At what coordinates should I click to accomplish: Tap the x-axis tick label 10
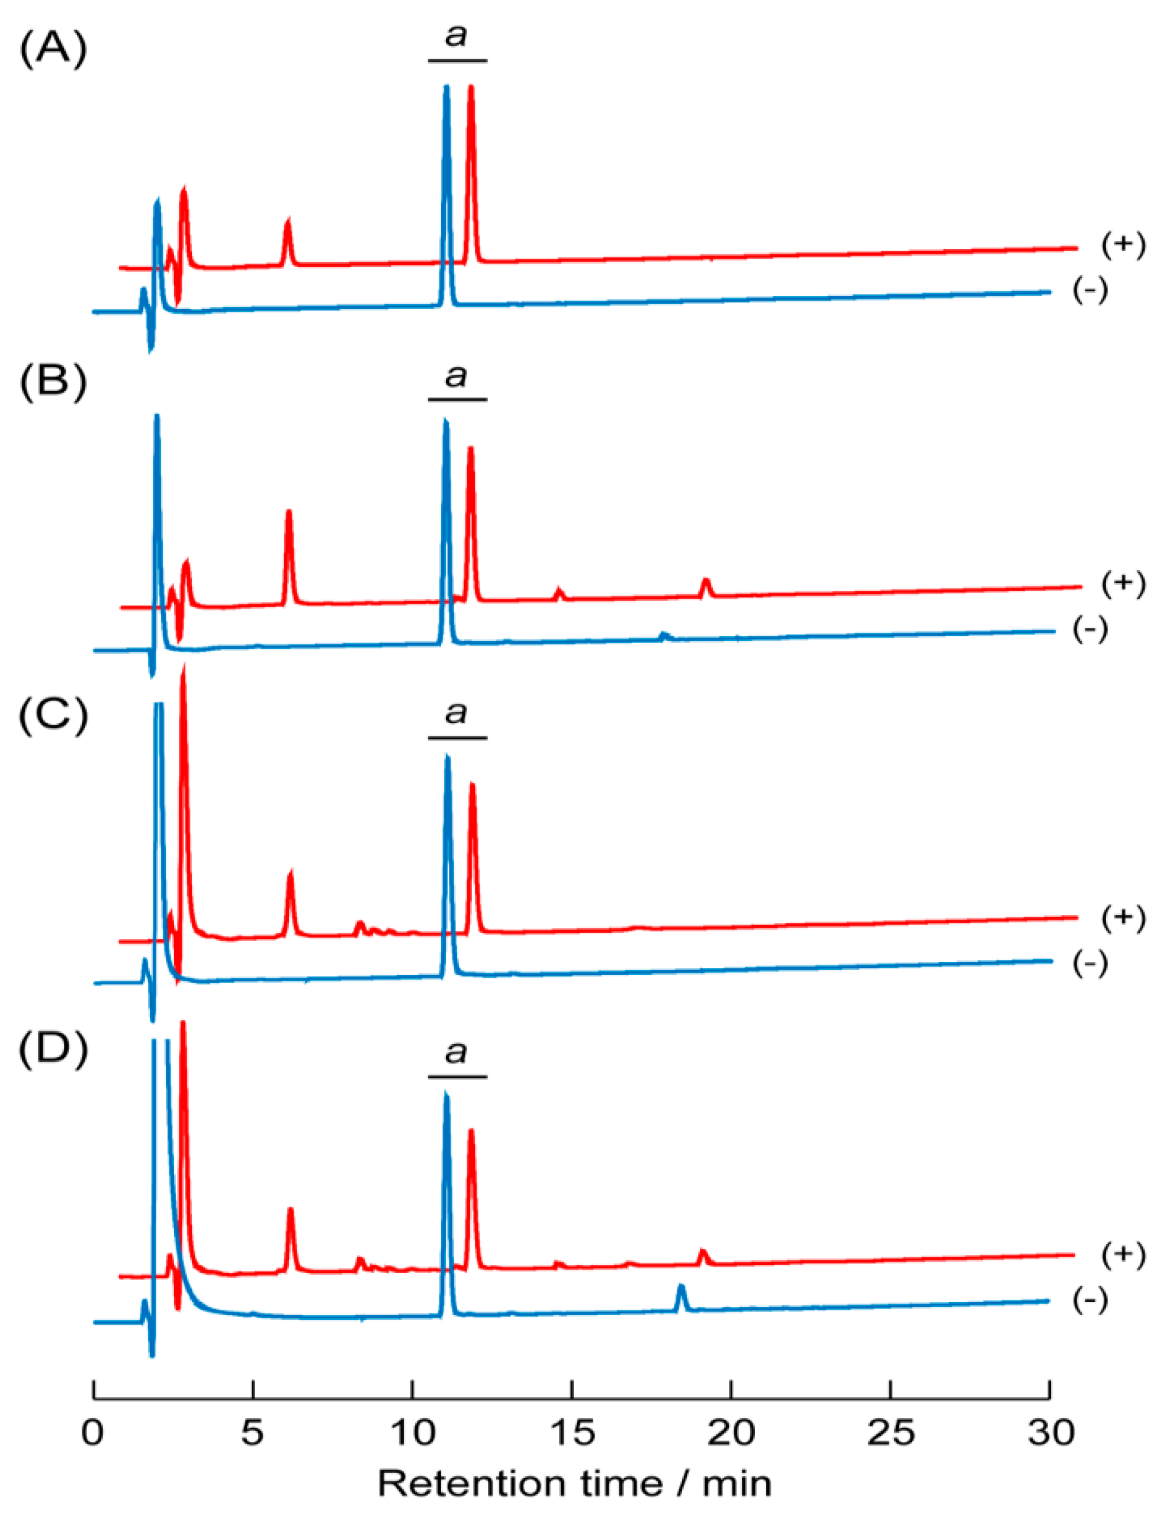click(413, 1432)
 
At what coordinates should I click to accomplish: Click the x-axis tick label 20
click(732, 1432)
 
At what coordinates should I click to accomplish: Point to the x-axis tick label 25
click(891, 1432)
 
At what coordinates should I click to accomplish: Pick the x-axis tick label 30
click(1051, 1432)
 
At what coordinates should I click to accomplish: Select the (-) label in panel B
click(1090, 629)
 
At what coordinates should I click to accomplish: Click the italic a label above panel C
click(457, 711)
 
